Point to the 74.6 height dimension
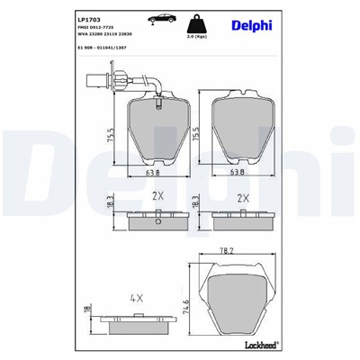click(188, 299)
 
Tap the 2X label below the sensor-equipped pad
click(157, 196)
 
